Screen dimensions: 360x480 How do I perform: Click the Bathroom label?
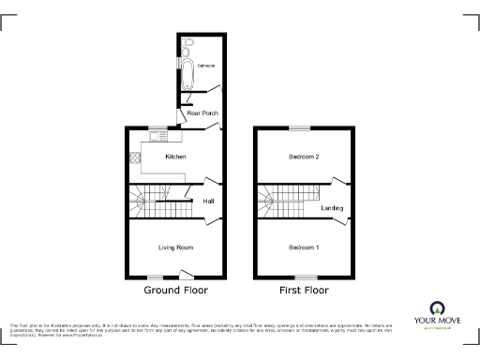tap(205, 66)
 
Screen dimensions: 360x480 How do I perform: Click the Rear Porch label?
tap(202, 113)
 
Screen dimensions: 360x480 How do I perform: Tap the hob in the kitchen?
tap(135, 158)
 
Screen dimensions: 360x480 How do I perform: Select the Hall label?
tap(207, 201)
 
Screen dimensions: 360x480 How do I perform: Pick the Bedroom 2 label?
tap(304, 157)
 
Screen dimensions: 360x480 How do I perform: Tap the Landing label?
tap(332, 208)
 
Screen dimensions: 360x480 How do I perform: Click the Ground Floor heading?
tap(175, 291)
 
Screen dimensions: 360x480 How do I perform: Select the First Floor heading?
tap(303, 291)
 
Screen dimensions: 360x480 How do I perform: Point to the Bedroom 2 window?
tap(300, 127)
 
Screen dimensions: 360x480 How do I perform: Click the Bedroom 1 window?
tap(304, 276)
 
